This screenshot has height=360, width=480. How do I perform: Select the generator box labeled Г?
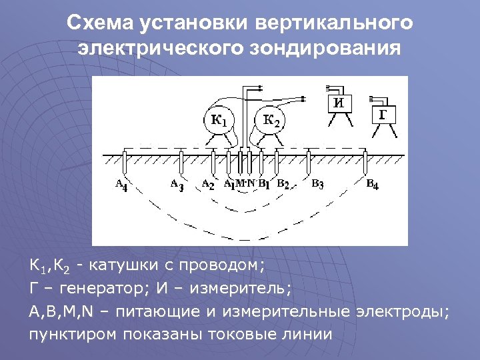point(383,114)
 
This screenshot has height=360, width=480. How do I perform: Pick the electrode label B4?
point(372,184)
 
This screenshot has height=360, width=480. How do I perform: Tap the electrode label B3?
point(317,184)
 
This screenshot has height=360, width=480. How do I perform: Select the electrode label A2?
point(207,184)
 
